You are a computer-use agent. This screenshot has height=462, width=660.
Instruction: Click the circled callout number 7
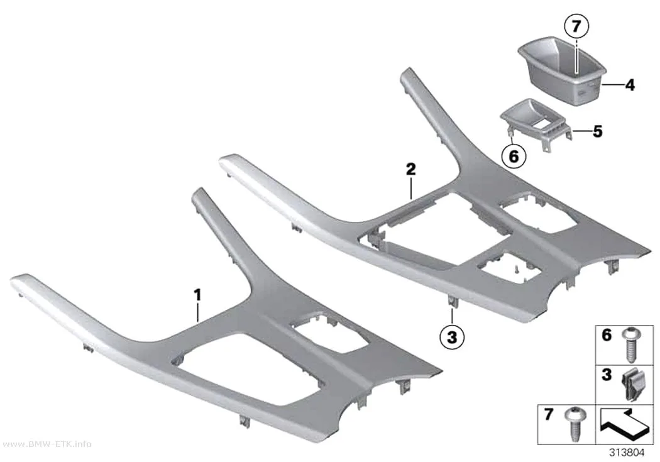tap(576, 27)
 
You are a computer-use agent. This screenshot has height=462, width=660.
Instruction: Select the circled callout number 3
tap(452, 337)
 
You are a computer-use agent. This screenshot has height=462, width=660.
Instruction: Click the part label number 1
tap(197, 295)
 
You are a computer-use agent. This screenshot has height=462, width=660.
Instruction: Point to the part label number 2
tap(411, 169)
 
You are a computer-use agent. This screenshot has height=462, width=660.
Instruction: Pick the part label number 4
tap(629, 85)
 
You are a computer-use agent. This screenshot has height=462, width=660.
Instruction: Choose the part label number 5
tap(598, 131)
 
